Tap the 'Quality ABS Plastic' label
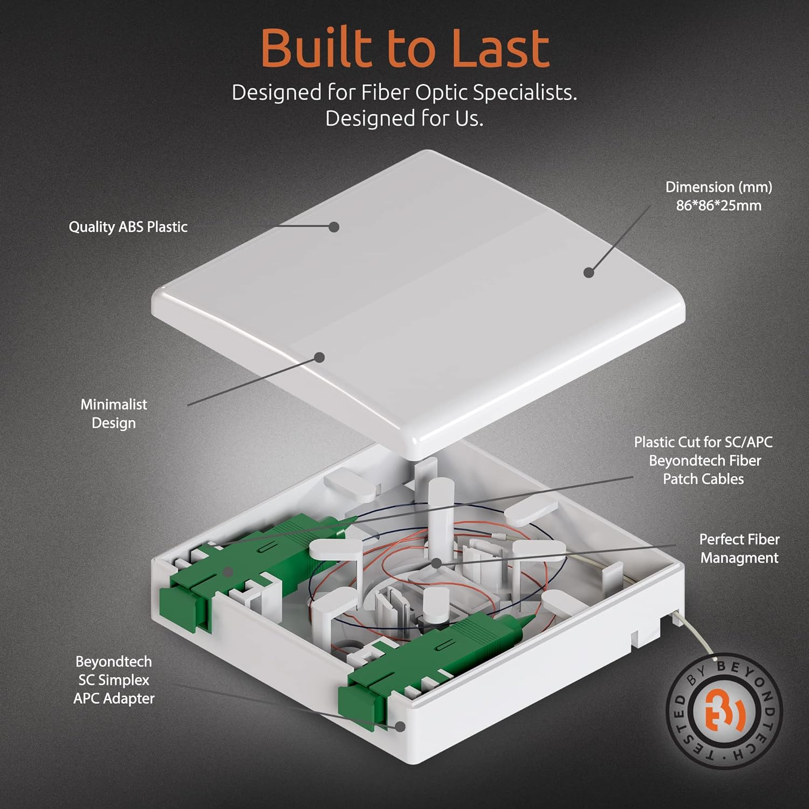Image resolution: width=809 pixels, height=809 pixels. (x=128, y=227)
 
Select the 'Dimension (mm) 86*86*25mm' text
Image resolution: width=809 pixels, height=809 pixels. (x=718, y=196)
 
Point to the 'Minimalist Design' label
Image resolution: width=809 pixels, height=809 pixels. (x=114, y=414)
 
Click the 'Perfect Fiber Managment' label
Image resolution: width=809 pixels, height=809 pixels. (x=739, y=549)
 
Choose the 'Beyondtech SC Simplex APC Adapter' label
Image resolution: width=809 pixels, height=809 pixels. (x=114, y=680)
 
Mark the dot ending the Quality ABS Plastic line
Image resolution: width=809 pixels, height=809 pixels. (x=334, y=227)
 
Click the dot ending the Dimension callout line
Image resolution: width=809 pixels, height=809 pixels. (x=589, y=273)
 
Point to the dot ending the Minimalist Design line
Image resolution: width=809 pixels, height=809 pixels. (x=320, y=357)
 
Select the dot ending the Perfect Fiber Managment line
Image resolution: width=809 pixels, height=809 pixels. (x=436, y=563)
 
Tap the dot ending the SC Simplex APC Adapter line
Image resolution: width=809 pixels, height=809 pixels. (x=400, y=727)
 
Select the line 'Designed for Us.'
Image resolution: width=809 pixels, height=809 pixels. (x=404, y=118)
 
